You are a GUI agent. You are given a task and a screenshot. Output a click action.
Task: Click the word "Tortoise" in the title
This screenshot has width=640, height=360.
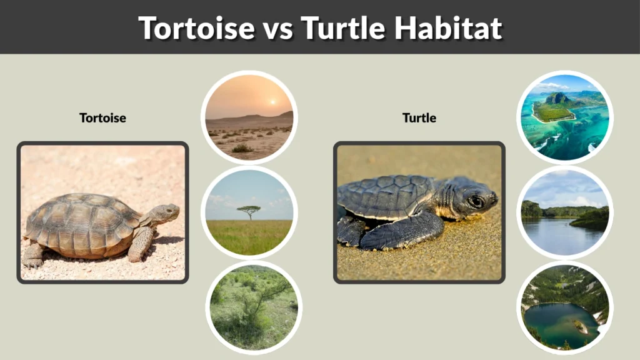[x=196, y=28]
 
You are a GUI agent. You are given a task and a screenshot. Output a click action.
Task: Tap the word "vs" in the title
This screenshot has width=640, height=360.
[x=277, y=28]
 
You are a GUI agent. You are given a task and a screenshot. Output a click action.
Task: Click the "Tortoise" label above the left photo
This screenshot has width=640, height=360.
[x=102, y=117]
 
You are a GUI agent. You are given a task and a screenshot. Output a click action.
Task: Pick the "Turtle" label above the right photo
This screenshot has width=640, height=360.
[x=419, y=117]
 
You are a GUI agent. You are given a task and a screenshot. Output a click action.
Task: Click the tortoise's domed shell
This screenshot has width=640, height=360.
[x=81, y=219]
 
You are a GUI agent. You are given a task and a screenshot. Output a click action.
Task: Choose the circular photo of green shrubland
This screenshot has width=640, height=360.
[x=253, y=306]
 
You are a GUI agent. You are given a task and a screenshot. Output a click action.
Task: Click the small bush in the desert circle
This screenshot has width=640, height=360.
[x=241, y=148]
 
